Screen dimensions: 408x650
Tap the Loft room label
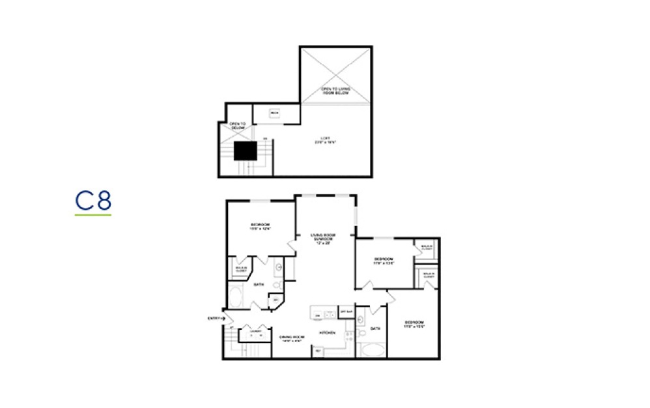tap(328, 139)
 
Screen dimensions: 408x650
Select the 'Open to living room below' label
tap(335, 91)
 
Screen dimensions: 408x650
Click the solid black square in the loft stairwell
tap(246, 151)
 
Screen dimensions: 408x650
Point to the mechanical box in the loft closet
tap(274, 113)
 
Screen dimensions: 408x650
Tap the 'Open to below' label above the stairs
tap(237, 126)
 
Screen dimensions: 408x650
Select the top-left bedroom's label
tap(260, 227)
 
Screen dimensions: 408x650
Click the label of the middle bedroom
tap(384, 261)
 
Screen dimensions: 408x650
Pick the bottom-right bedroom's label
tap(414, 325)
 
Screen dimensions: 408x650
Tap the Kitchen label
tap(326, 332)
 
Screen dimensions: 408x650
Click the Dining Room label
tap(292, 338)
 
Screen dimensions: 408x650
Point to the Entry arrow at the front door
tap(223, 318)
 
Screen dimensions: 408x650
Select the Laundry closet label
tap(255, 331)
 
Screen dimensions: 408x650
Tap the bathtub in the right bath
tap(372, 350)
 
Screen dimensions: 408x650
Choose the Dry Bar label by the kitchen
tap(346, 312)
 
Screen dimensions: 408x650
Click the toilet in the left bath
tap(276, 285)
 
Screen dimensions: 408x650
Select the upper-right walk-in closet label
tap(427, 248)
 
